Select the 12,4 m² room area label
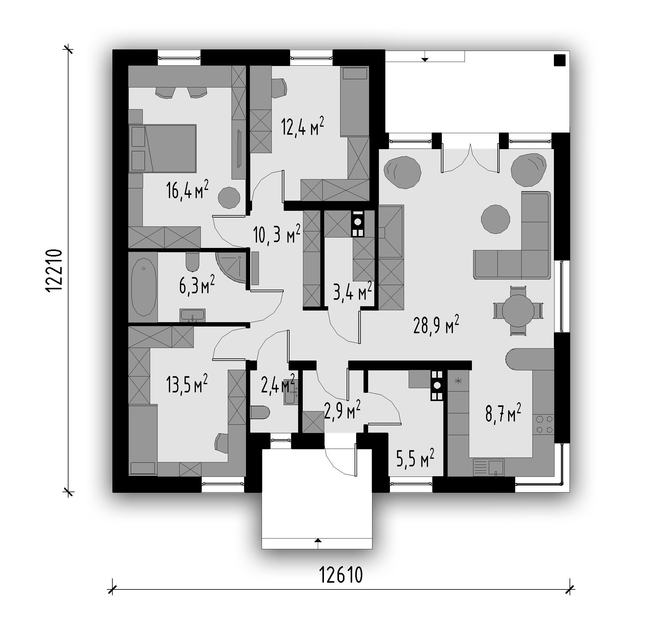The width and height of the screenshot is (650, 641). pyautogui.click(x=303, y=126)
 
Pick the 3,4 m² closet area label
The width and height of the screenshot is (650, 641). pyautogui.click(x=352, y=291)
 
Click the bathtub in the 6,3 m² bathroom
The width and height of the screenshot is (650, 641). pyautogui.click(x=144, y=287)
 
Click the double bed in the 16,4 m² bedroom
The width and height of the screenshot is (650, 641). pyautogui.click(x=162, y=148)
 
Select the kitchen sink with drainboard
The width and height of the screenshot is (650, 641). pyautogui.click(x=488, y=467)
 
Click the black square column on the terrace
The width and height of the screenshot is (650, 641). pyautogui.click(x=560, y=60)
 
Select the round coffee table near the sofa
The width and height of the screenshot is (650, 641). pyautogui.click(x=495, y=219)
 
